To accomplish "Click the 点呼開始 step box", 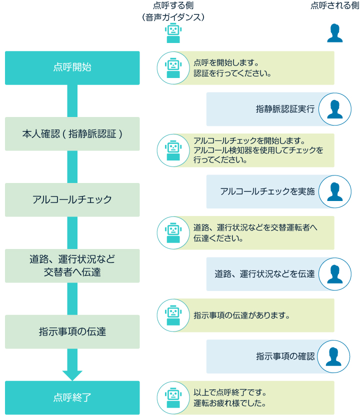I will coord(72,68).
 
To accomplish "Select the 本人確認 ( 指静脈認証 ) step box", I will coord(72,134).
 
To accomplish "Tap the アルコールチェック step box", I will coord(72,199).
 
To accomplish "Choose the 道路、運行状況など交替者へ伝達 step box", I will coord(72,265).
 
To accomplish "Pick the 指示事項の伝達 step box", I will coord(72,331).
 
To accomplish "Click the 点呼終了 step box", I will coord(72,397).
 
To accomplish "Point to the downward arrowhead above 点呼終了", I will coord(72,374).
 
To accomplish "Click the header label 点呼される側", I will coord(334,6).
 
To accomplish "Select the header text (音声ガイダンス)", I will coord(173,17).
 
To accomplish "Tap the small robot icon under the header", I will coord(173,33).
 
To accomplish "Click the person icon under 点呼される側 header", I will coord(334,33).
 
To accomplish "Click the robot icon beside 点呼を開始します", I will coord(172,68).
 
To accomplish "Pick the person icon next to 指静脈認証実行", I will coord(334,109).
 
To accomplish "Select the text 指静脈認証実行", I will coord(285,109).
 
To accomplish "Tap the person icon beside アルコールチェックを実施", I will coord(334,191).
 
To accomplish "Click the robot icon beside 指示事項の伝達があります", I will coord(172,315).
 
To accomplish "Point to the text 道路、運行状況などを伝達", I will coord(264,274).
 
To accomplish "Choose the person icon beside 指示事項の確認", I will coord(334,356).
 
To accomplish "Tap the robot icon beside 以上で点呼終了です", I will coord(172,397).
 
